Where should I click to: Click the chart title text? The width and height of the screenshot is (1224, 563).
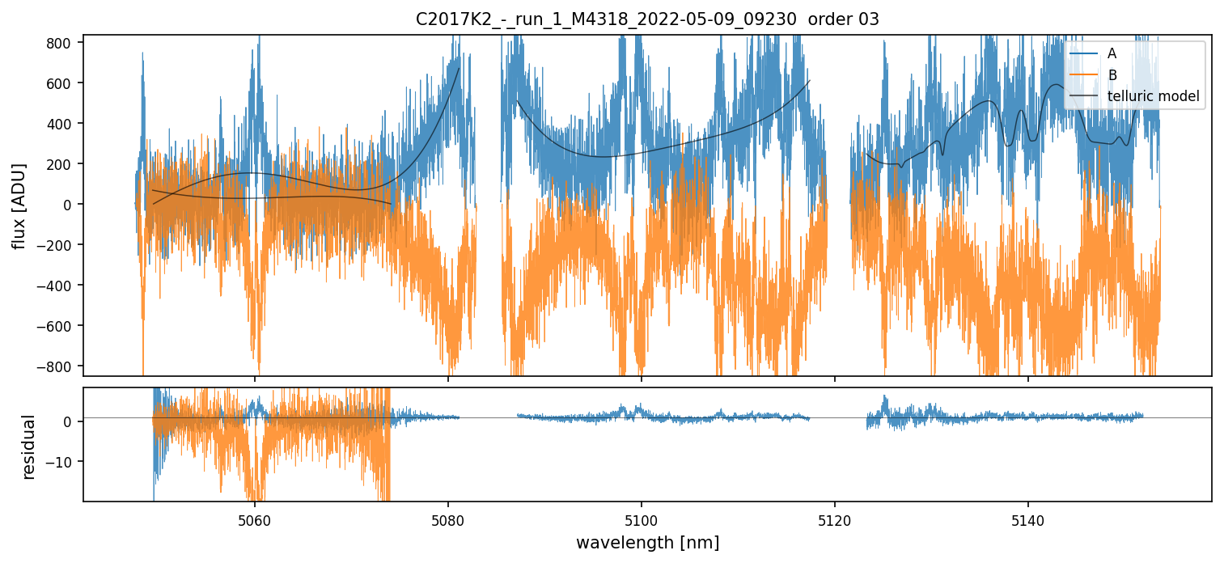coord(647,19)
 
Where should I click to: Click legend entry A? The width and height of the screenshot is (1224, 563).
coord(1112,54)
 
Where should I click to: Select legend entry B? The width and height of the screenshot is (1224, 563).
coord(1112,75)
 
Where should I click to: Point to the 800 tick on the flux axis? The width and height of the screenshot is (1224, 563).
coord(61,43)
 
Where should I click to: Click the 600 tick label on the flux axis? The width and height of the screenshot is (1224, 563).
coord(61,83)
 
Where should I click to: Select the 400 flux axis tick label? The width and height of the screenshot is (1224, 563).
coord(61,124)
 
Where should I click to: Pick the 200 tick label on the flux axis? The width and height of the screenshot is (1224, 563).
coord(61,164)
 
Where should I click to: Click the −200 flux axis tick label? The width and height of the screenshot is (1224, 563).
coord(57,245)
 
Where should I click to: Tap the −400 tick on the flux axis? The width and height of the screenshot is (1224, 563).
coord(57,286)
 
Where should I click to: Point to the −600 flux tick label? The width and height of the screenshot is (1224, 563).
coord(57,326)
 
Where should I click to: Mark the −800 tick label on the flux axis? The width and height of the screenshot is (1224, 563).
coord(57,366)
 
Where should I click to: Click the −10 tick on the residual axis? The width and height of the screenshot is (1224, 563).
coord(63,462)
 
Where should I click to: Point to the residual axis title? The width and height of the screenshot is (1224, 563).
coord(29,446)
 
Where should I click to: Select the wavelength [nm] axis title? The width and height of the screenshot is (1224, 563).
coord(647,542)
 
